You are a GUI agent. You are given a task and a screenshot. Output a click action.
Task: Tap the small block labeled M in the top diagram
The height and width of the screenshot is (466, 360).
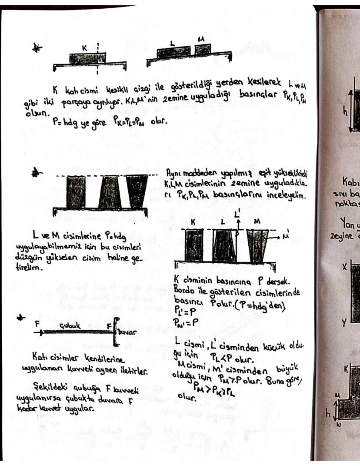click(203, 50)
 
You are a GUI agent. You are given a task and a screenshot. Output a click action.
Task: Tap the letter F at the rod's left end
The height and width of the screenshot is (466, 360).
click(37, 324)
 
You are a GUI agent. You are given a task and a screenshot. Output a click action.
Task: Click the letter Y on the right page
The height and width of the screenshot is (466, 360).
click(343, 322)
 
